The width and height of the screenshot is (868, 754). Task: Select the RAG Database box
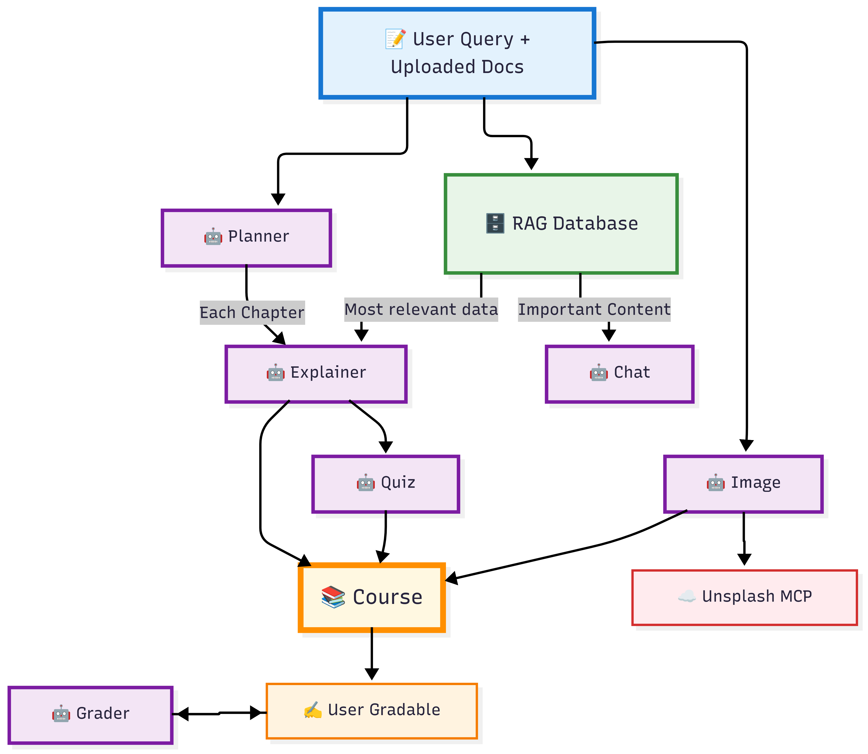tap(561, 224)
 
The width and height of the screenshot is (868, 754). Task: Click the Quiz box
tap(385, 484)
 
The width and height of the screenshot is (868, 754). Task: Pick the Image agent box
tap(743, 484)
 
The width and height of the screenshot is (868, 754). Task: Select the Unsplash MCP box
tap(744, 597)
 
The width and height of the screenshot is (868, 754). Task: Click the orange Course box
tap(372, 597)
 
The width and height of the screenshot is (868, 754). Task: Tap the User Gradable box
tap(372, 711)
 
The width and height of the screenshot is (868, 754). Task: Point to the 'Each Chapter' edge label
tap(252, 313)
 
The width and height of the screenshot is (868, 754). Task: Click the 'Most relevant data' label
tap(421, 310)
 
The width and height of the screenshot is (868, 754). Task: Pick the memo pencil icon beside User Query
tap(396, 39)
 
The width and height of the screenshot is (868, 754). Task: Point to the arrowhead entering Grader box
tap(182, 714)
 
